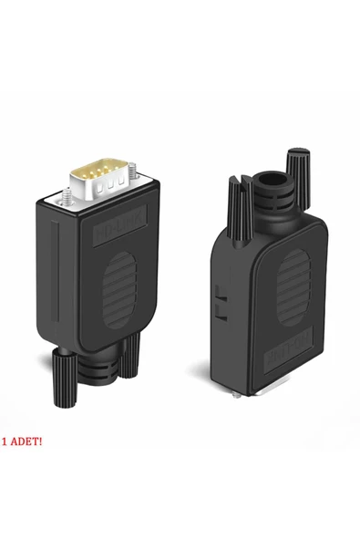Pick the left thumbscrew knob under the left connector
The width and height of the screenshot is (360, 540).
(x=64, y=374)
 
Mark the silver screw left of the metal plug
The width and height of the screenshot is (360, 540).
(x=67, y=195)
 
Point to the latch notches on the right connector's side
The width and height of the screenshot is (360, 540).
(x=218, y=303)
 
